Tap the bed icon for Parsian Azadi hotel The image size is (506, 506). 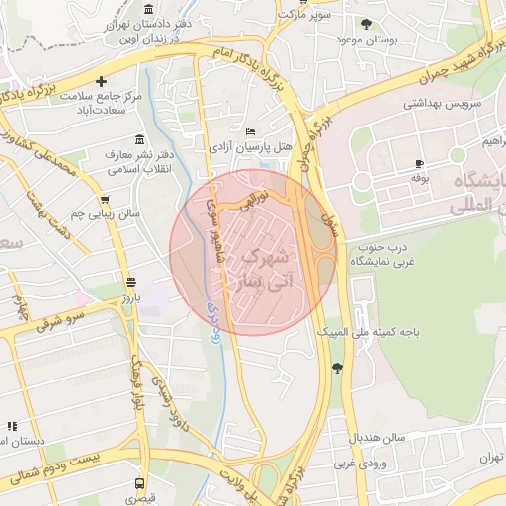[250, 131]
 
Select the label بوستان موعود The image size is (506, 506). [366, 39]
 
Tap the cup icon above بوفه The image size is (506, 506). [419, 163]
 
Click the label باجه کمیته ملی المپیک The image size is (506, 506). [377, 333]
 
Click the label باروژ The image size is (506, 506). [126, 295]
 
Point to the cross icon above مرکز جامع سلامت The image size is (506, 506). [101, 81]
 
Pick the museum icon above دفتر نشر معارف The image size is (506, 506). [137, 138]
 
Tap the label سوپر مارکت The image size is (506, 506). [303, 15]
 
